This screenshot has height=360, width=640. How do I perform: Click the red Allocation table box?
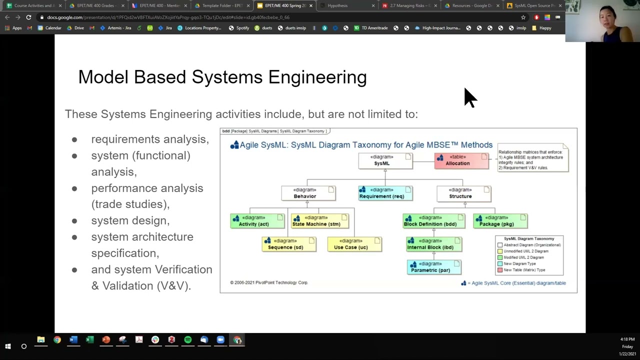tap(461, 160)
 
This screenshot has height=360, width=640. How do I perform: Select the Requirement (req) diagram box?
tap(385, 193)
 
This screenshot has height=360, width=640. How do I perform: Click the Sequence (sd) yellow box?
tap(289, 244)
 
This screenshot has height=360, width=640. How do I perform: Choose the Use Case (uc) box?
tap(354, 244)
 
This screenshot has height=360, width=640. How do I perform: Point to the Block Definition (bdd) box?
tap(434, 221)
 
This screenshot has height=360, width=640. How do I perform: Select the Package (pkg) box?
tap(500, 221)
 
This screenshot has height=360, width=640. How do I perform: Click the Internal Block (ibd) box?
tap(434, 244)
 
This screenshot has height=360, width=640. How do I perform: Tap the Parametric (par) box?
tap(434, 267)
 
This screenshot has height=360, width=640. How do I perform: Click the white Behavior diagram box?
tap(308, 193)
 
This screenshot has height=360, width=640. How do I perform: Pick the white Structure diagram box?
tap(463, 193)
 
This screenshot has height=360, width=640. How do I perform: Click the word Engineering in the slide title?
tap(317, 77)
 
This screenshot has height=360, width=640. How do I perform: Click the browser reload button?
tap(28, 17)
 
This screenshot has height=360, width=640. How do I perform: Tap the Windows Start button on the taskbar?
tap(8, 346)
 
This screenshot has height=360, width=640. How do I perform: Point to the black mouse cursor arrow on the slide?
tap(469, 97)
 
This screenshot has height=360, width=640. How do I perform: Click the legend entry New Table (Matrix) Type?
tap(524, 270)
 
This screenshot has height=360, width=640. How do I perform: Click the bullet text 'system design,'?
tap(130, 220)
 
